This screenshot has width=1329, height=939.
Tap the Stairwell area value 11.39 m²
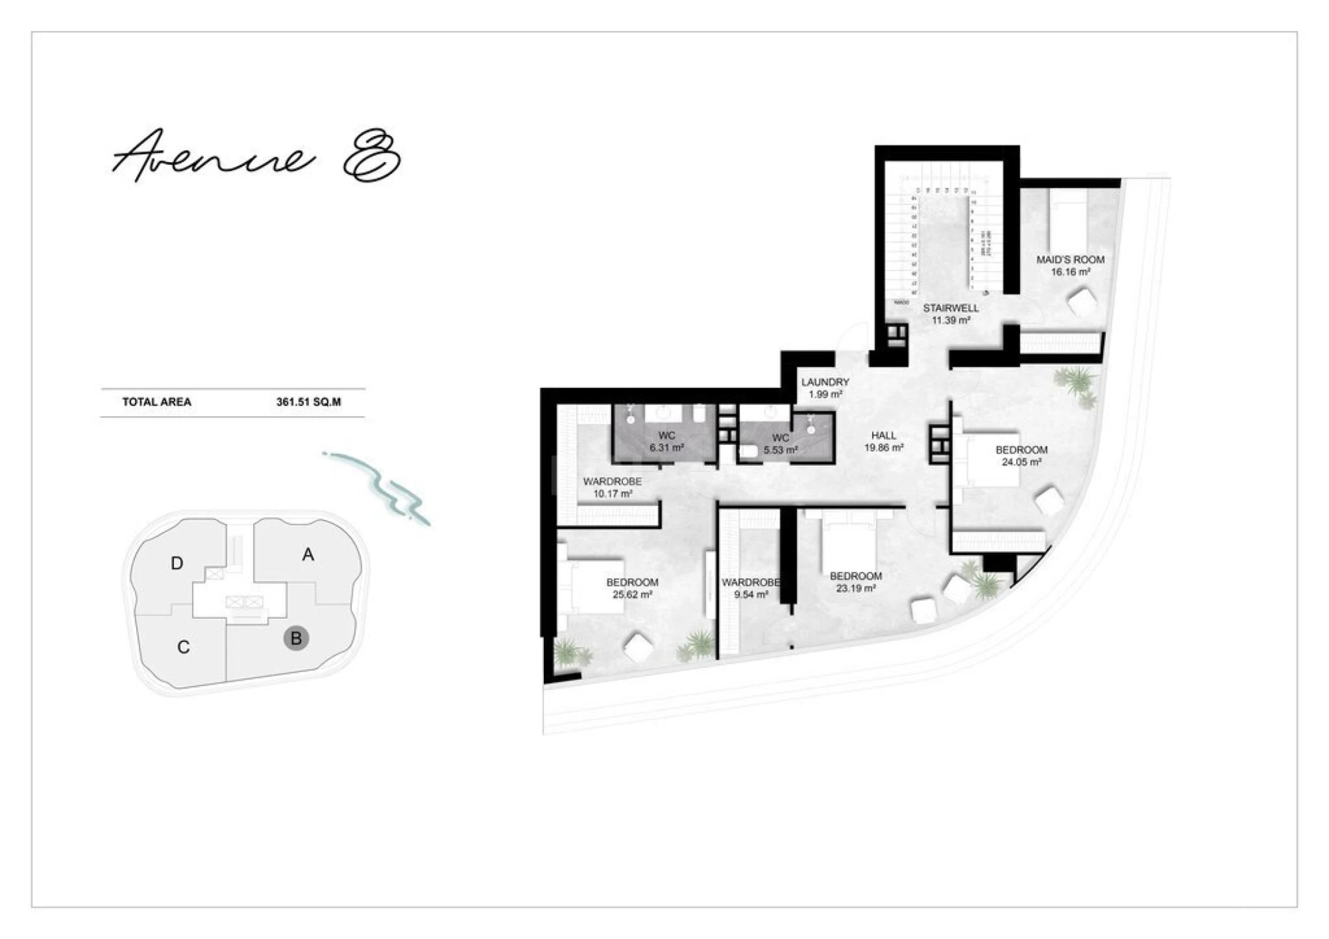pyautogui.click(x=951, y=320)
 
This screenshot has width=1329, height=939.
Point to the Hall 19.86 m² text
pyautogui.click(x=883, y=441)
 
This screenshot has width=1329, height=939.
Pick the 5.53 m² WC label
pyautogui.click(x=780, y=444)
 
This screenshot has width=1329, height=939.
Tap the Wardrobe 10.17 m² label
pyautogui.click(x=612, y=488)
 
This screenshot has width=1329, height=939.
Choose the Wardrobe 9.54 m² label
pyautogui.click(x=751, y=589)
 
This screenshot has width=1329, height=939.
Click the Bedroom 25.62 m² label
pyautogui.click(x=632, y=589)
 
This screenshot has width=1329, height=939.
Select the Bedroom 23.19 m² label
pyautogui.click(x=856, y=582)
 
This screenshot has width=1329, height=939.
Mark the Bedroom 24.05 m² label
pyautogui.click(x=1021, y=456)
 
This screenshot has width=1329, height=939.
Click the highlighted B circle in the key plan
pyautogui.click(x=296, y=639)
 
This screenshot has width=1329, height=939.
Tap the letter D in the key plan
pyautogui.click(x=177, y=564)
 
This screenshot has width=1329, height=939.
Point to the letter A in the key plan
pyautogui.click(x=308, y=555)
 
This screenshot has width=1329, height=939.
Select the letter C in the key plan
pyautogui.click(x=183, y=647)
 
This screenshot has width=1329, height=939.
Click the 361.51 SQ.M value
pyautogui.click(x=308, y=403)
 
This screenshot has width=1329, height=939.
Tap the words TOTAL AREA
pyautogui.click(x=156, y=403)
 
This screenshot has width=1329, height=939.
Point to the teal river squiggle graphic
pyautogui.click(x=382, y=487)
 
